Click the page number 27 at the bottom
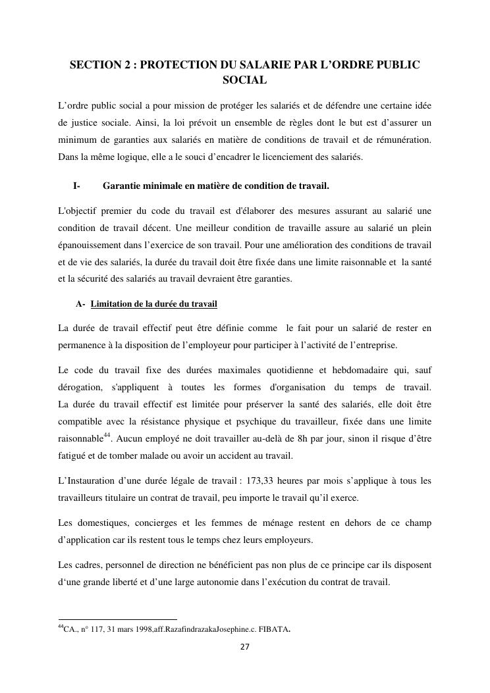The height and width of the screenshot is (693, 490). pos(244,647)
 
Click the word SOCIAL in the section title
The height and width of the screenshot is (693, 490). pos(245,80)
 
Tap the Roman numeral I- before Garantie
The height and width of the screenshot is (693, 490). pos(76,186)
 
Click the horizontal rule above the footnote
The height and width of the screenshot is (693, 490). pos(118,619)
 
